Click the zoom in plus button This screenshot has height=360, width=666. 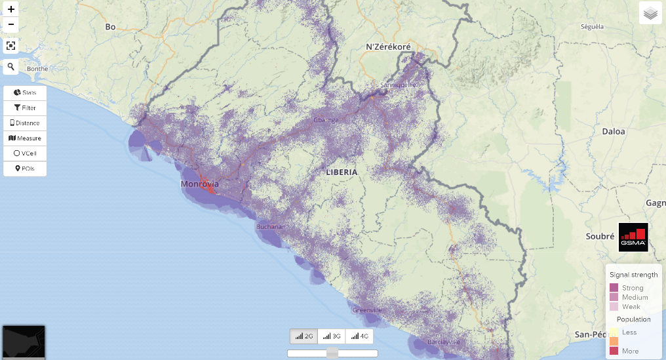click(x=11, y=9)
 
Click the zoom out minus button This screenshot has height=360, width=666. click(x=11, y=25)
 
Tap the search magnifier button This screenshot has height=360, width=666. click(x=11, y=66)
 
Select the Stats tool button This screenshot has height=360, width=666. click(x=25, y=92)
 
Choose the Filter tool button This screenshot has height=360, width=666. click(x=25, y=108)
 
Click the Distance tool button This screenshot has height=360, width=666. click(x=25, y=123)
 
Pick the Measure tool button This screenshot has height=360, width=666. click(x=25, y=138)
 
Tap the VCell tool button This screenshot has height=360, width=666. click(x=25, y=153)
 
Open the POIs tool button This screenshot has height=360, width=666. click(x=25, y=169)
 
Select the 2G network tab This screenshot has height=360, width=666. click(x=304, y=336)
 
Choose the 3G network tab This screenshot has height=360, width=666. click(x=332, y=336)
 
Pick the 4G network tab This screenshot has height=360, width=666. click(x=359, y=336)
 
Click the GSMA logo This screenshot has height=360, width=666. click(x=633, y=237)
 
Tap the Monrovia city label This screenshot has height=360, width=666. click(x=199, y=184)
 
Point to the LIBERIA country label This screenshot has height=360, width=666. click(x=342, y=172)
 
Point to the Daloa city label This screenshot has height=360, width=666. click(x=614, y=131)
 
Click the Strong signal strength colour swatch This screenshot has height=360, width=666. click(x=614, y=288)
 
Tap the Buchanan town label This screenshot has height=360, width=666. click(x=270, y=227)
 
